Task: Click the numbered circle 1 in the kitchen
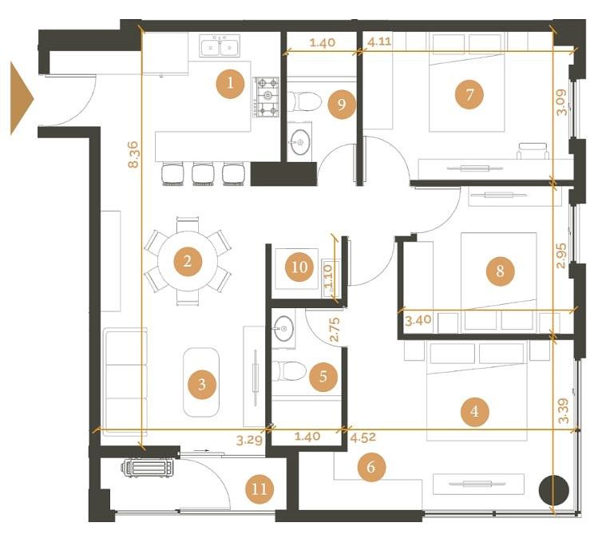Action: point(230,84)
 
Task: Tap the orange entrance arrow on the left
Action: point(22,99)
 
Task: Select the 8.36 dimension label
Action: point(133,155)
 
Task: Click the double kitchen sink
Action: point(220,46)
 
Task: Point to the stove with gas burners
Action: point(267,97)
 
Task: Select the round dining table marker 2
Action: point(188,261)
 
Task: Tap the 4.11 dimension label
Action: point(379,42)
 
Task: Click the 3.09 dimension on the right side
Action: point(561,102)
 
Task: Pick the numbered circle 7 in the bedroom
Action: point(469,94)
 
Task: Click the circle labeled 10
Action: point(299,267)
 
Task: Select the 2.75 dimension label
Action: point(335,330)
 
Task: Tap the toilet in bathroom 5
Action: point(289,370)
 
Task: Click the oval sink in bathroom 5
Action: point(284,329)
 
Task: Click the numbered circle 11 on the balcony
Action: point(259,489)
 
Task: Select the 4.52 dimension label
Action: point(363,437)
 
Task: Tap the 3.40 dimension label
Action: point(418,320)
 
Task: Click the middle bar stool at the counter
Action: point(203,174)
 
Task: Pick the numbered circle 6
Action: point(371,467)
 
